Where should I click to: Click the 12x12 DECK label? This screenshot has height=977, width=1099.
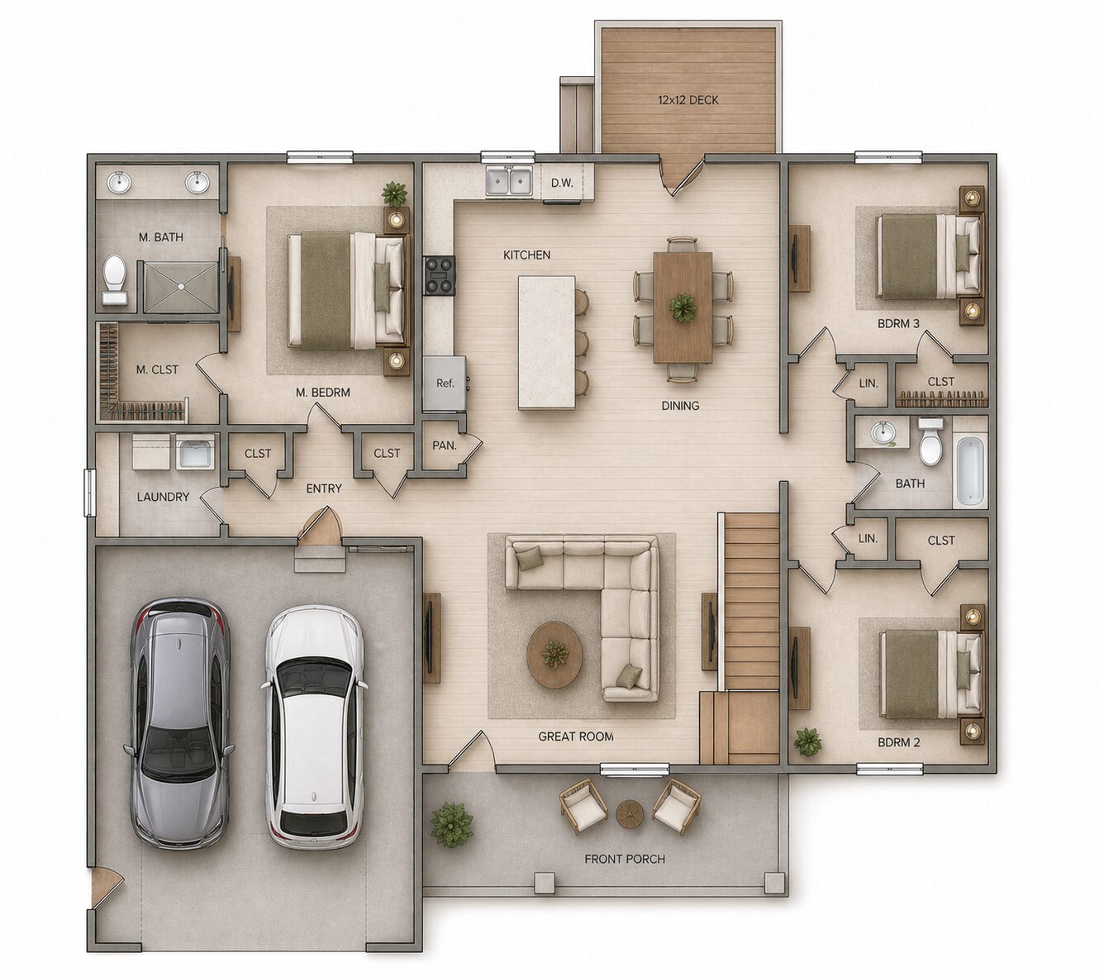(x=687, y=100)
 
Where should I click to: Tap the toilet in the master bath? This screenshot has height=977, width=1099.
(x=115, y=279)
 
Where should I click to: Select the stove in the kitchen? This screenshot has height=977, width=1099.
(x=440, y=276)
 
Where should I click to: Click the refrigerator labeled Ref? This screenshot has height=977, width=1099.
(x=445, y=384)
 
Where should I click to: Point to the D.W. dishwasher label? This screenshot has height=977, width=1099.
(x=562, y=183)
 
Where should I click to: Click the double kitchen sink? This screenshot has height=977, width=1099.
(x=509, y=181)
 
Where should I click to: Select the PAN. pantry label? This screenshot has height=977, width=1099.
(x=445, y=446)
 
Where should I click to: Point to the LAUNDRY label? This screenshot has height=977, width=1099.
(x=163, y=497)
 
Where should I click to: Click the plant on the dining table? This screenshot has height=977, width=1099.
(x=683, y=307)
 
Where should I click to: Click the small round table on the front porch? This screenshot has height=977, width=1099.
(x=630, y=813)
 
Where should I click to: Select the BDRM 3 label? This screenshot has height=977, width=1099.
(x=898, y=324)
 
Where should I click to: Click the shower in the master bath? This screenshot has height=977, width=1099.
(x=181, y=287)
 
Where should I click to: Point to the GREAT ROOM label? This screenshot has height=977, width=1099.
(x=576, y=736)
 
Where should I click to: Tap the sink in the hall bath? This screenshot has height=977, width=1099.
(x=883, y=433)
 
